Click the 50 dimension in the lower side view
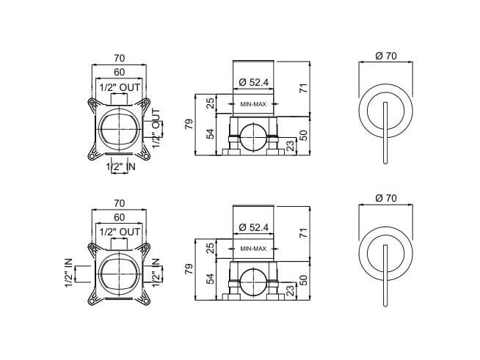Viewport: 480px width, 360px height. (303, 280)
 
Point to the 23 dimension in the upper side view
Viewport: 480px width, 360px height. (291, 144)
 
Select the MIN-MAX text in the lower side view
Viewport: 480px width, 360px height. (254, 249)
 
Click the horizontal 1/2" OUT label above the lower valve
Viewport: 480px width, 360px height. (120, 231)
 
